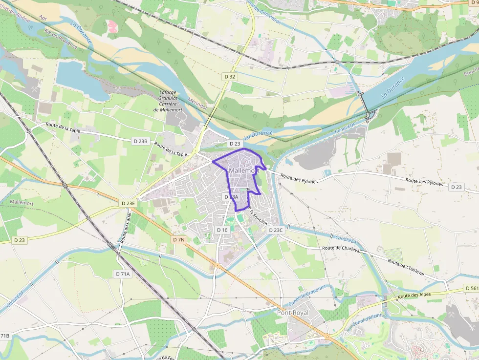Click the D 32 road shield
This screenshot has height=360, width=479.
230,77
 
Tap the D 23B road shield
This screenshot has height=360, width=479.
140,141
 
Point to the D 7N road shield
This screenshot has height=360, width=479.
179,240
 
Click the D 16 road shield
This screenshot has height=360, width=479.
222,230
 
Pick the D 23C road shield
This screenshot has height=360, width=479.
276,230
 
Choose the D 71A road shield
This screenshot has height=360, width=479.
124,274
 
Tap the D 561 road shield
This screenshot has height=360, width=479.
472,289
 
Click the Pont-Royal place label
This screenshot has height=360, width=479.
294,312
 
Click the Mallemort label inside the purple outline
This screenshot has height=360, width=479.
243,170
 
